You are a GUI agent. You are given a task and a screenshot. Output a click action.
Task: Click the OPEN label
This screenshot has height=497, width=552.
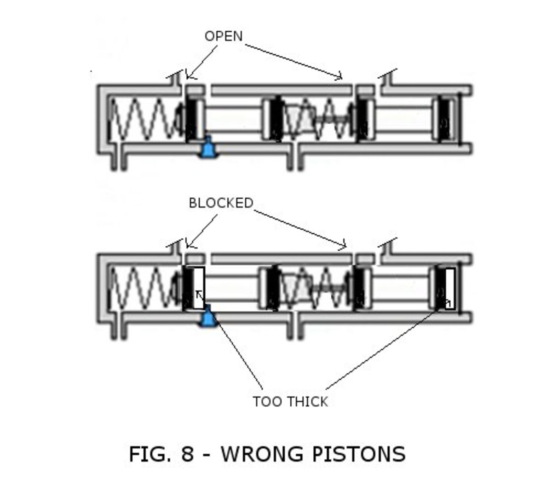click(224, 36)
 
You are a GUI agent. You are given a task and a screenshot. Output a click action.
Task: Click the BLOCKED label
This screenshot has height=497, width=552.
click(221, 203)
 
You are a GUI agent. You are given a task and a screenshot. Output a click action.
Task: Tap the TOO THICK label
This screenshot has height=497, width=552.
click(290, 401)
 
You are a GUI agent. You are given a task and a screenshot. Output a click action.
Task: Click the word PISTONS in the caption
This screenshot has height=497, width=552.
click(359, 454)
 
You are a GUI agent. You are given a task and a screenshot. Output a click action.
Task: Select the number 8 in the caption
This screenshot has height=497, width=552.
click(187, 454)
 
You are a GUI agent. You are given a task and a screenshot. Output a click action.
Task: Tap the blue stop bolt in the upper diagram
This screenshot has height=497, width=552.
click(208, 148)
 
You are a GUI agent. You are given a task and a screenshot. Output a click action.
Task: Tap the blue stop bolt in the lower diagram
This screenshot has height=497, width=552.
click(208, 317)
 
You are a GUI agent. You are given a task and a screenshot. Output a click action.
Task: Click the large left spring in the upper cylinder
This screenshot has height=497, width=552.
click(143, 119)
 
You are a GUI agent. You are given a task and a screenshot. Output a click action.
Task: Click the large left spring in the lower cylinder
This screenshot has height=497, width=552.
click(143, 288)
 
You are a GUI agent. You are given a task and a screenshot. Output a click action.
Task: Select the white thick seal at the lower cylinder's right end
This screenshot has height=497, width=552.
click(449, 289)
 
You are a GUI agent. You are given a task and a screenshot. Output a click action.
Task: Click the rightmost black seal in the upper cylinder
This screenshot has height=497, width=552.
click(444, 119)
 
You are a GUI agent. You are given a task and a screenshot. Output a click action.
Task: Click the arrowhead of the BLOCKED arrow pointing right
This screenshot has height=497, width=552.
click(344, 246)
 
